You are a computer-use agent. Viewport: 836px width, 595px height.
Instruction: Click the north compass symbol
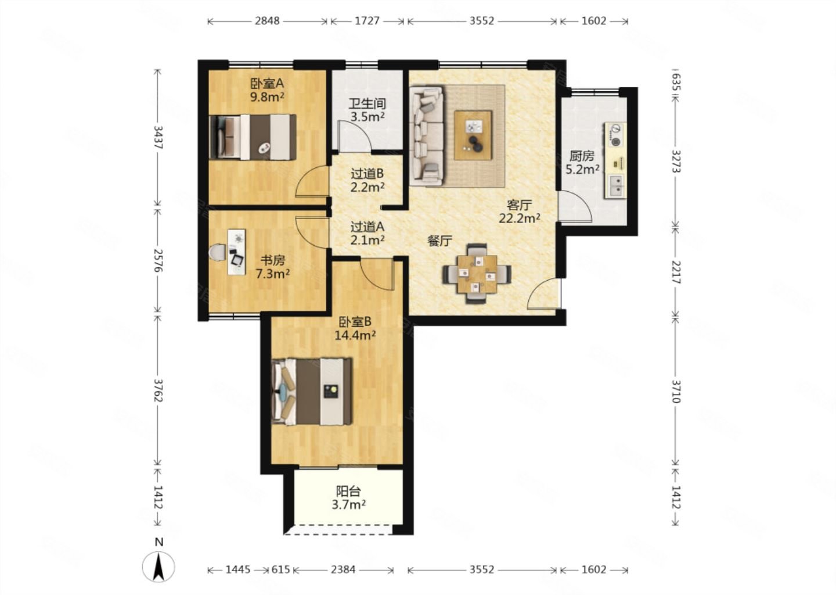coord(158,565)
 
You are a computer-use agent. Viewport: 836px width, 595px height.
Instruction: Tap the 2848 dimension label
coord(267,21)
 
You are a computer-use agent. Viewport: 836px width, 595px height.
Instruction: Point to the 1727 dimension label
coord(367,21)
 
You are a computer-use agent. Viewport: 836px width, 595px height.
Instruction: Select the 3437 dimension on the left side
coord(158,138)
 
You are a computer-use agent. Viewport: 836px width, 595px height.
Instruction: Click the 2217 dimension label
coord(676,273)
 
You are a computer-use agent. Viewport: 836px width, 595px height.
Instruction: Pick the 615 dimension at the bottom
coord(280,569)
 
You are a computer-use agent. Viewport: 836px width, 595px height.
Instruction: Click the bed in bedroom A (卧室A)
coord(253,137)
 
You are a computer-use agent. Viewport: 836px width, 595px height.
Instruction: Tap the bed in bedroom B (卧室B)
coord(312,392)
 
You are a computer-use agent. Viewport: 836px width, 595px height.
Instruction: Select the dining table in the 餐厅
coord(477,274)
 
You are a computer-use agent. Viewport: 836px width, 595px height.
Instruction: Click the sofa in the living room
coord(427,135)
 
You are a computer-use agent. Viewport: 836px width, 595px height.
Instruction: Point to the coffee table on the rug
coord(473,135)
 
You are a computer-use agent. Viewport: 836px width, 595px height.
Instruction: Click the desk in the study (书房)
coord(237,252)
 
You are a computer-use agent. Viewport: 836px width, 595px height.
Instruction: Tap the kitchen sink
coord(616,186)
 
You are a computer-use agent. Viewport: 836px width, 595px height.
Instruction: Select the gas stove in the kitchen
coord(616,135)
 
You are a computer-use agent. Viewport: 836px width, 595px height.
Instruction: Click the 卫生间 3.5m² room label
coord(367,110)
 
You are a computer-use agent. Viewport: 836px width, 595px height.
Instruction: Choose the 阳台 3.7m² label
coord(348,498)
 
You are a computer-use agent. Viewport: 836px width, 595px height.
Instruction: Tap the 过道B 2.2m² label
coord(367,180)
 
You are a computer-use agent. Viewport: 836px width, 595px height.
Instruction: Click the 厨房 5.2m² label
coord(582,163)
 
